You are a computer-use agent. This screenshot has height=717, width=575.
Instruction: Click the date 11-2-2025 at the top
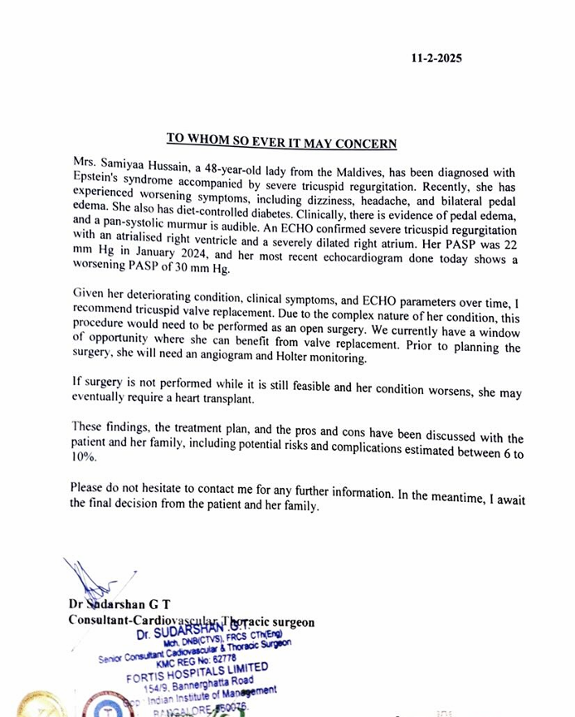[x=436, y=58]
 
